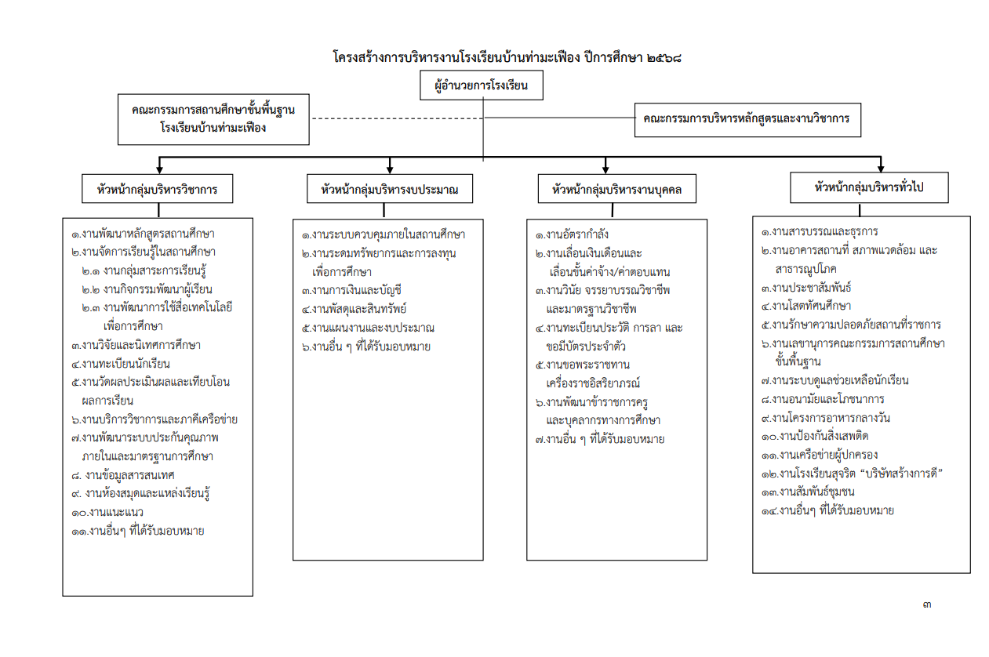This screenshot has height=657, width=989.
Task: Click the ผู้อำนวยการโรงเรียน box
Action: coord(482,86)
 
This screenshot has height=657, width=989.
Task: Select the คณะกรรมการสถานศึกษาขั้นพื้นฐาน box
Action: coord(213,119)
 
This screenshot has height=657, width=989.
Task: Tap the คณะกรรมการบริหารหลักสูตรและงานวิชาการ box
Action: coord(747,120)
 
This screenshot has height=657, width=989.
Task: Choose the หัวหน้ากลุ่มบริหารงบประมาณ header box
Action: coord(389,189)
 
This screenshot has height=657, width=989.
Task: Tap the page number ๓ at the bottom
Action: coord(927,604)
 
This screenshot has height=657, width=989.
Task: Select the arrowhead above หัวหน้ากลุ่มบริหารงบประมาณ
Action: coord(390,169)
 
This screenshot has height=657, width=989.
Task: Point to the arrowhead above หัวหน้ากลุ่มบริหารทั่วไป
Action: coord(880,167)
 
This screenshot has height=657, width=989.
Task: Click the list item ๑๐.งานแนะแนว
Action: coord(107,512)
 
